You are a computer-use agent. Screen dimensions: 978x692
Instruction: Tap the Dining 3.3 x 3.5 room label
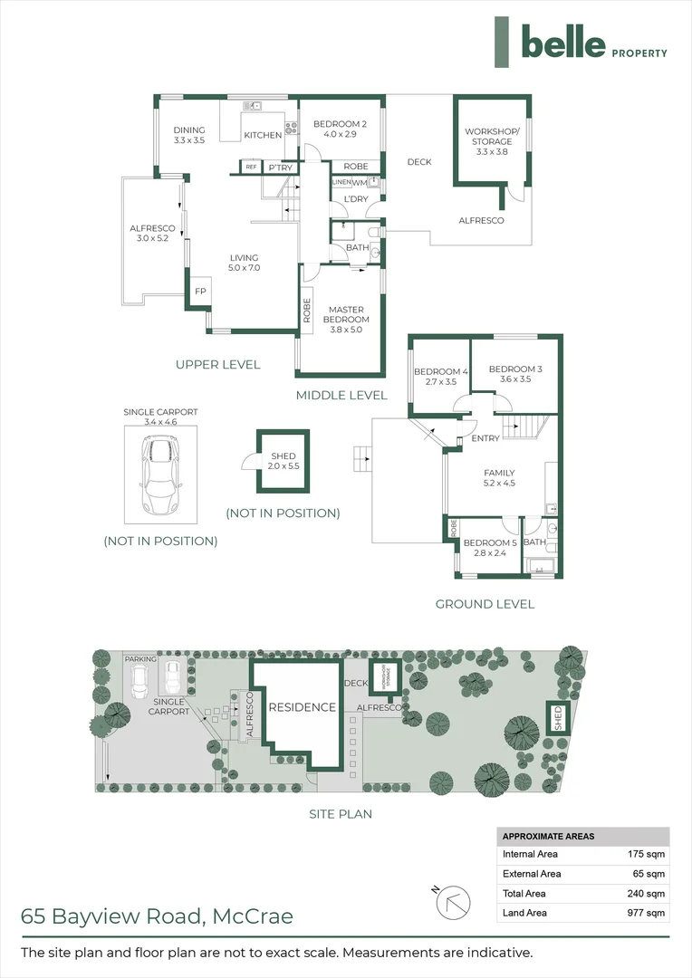189,135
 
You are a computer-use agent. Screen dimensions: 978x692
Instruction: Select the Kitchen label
263,136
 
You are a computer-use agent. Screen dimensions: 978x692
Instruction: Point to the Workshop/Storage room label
493,141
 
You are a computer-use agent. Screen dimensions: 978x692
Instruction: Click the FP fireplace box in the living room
200,292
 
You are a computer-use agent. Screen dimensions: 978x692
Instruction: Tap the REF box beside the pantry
251,167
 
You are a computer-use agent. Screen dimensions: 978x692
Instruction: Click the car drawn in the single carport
159,475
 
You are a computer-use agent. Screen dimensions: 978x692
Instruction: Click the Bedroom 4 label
441,376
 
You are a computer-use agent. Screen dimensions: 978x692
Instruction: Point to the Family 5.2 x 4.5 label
499,477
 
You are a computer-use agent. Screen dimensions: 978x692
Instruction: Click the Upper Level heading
218,364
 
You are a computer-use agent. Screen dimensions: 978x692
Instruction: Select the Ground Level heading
485,604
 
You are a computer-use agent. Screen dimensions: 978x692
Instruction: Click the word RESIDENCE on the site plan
302,707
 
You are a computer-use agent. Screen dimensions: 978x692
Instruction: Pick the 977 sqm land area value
647,913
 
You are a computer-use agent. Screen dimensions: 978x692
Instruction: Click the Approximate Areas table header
549,836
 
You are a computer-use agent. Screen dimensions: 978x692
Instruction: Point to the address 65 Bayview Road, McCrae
158,916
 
